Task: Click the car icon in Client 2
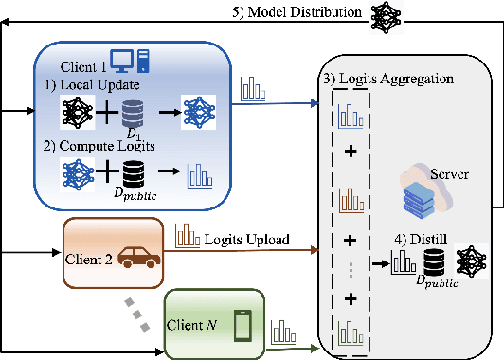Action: coord(137,257)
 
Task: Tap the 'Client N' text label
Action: coord(198,326)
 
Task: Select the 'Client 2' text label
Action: coord(94,257)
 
